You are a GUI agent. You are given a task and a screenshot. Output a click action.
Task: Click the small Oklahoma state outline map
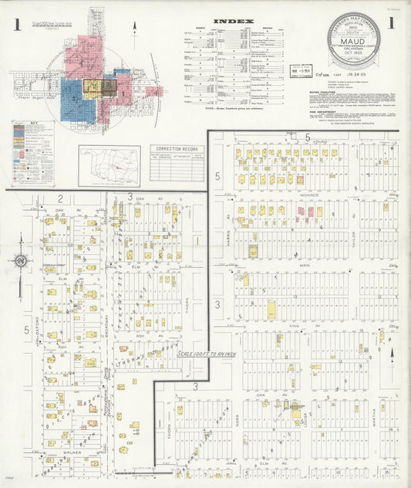point(109,165)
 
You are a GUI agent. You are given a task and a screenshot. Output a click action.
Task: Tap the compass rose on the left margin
point(21,263)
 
